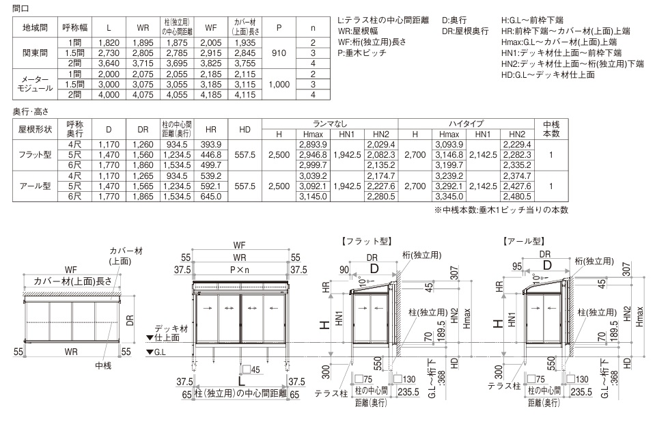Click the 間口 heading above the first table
20,8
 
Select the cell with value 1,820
109,42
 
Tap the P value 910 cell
279,53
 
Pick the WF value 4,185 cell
211,95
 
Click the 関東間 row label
35,53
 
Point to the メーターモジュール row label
35,84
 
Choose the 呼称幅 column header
74,27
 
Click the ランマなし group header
330,124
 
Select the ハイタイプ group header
466,124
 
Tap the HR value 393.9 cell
211,145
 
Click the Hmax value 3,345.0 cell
449,197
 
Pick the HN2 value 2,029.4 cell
381,145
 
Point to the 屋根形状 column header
35,129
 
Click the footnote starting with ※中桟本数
501,210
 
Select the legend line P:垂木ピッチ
362,53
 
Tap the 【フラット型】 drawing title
366,241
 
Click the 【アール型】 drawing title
524,241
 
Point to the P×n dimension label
240,270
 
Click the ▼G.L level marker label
156,352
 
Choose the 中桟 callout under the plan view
103,365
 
